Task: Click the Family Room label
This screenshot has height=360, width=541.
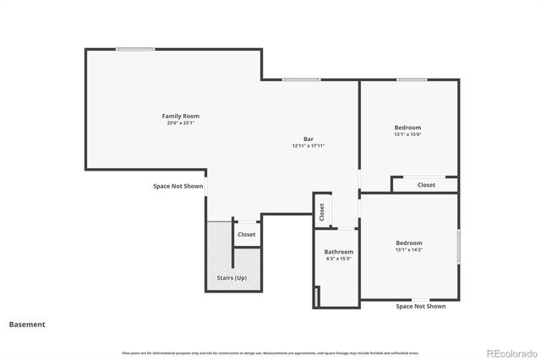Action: point(180,116)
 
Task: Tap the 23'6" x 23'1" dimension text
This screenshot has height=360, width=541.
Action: point(180,123)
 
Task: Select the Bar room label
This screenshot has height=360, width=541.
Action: point(309,139)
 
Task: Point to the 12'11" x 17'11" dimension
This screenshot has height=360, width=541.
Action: point(309,146)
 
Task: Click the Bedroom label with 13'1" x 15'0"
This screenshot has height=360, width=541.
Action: point(407,127)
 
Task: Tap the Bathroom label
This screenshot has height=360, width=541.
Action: point(339,252)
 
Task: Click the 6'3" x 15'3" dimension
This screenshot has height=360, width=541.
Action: point(339,259)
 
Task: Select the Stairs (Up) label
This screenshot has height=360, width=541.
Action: point(230,277)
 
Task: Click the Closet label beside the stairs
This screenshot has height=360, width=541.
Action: point(246,234)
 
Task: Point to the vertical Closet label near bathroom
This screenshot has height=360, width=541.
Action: point(322,211)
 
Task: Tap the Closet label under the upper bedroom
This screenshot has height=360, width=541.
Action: point(426,184)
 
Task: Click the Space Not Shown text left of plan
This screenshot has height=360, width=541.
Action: point(178,186)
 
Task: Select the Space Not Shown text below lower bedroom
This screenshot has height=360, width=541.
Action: point(420,306)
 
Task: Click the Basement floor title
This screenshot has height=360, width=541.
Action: point(27,324)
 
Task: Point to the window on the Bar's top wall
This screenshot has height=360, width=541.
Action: point(301,80)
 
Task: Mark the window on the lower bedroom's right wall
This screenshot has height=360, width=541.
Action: point(459,246)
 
